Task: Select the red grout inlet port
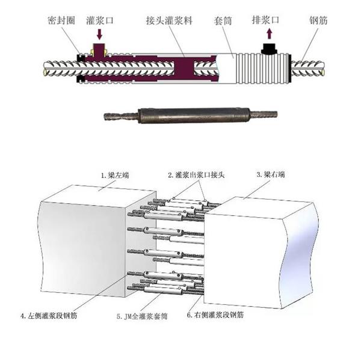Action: pos(99,48)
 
